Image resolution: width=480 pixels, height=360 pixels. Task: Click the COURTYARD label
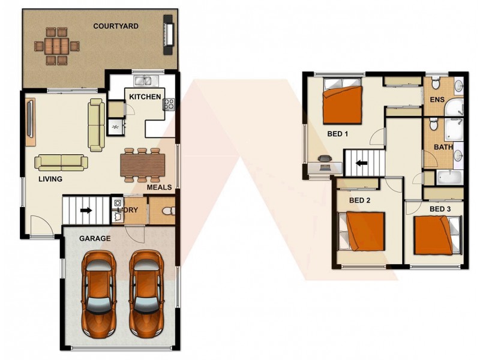tap(116, 26)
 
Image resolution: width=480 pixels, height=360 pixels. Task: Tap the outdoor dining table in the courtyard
tap(56, 45)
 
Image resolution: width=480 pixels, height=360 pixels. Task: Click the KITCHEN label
tap(145, 97)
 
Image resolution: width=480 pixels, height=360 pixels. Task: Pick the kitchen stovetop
tap(169, 104)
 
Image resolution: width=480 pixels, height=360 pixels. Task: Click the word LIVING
tap(50, 179)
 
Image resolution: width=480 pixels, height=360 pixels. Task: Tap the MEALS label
tap(159, 187)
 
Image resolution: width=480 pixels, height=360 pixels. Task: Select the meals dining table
tap(143, 164)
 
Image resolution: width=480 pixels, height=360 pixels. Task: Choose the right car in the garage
tap(146, 294)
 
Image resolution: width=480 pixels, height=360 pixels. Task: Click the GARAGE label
tap(95, 238)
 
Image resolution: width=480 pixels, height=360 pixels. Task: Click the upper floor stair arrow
tap(362, 163)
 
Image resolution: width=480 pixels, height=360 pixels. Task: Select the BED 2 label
tap(359, 200)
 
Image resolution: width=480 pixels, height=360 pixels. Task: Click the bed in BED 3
tap(437, 234)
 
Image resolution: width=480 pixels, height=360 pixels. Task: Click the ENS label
tap(437, 100)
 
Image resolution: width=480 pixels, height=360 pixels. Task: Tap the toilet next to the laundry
tap(167, 211)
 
